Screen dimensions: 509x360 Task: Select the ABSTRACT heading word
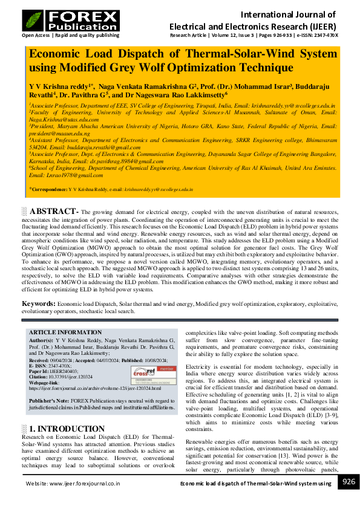[x=53, y=212]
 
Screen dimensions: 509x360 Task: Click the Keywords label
[x=39, y=303]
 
